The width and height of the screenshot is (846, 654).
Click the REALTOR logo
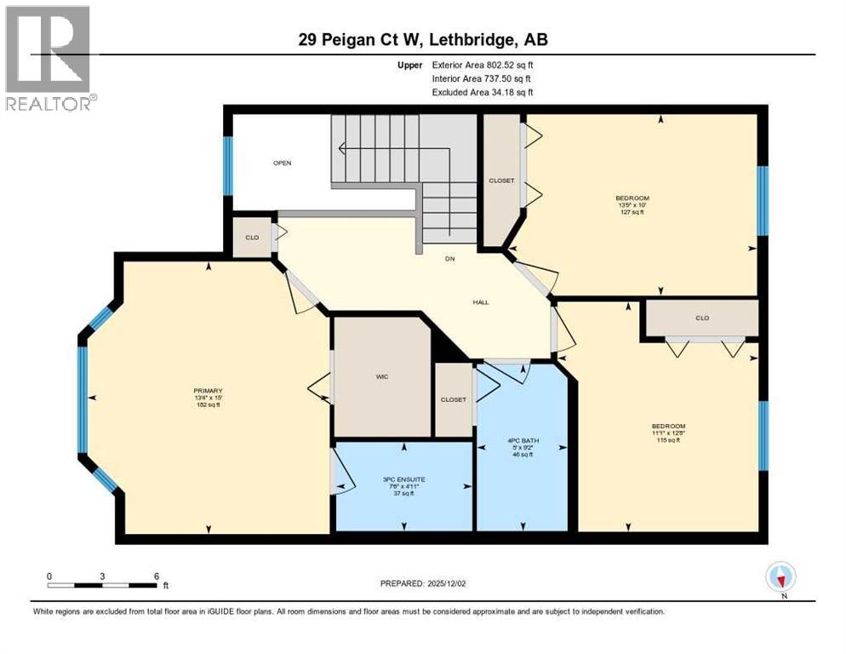48,58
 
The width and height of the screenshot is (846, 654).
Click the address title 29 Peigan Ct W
422,41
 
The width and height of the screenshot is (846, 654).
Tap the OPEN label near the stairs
283,163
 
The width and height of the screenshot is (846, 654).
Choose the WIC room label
382,376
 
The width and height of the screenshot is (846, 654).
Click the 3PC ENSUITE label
403,485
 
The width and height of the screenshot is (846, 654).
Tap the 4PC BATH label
523,447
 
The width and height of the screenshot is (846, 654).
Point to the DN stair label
449,260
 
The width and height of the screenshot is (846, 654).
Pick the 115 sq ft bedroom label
668,433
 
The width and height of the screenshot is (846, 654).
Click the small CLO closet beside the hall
252,237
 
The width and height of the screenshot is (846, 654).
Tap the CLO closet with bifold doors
701,318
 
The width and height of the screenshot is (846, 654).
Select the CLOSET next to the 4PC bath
453,399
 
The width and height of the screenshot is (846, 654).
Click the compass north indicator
780,577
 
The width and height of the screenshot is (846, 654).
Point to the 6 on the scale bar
156,576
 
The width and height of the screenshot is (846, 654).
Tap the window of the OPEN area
227,165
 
